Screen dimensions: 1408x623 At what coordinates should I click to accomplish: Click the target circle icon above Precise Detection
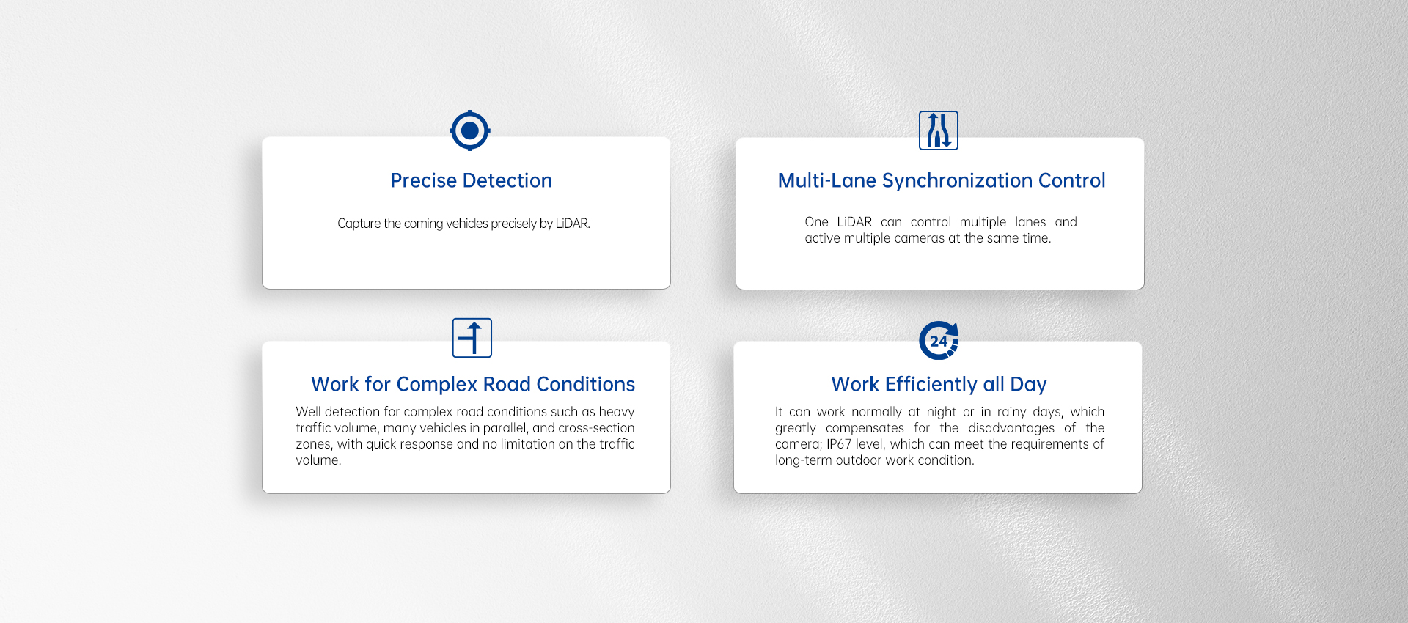pos(470,130)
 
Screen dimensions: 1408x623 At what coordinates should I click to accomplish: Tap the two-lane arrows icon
pos(939,130)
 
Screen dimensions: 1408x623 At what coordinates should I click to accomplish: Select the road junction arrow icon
pos(472,338)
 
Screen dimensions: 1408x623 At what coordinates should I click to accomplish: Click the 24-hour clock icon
pos(939,341)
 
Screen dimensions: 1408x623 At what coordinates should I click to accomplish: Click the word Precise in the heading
pos(423,180)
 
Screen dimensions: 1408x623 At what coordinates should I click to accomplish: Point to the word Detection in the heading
pos(507,180)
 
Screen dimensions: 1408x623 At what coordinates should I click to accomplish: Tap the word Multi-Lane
pos(827,180)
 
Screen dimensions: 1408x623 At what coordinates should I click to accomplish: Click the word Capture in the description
pos(359,224)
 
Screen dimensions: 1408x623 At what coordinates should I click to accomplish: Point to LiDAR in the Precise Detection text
pos(573,224)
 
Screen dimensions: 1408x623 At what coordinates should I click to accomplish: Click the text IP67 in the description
pos(839,444)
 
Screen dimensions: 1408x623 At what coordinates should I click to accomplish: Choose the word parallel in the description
pos(505,428)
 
